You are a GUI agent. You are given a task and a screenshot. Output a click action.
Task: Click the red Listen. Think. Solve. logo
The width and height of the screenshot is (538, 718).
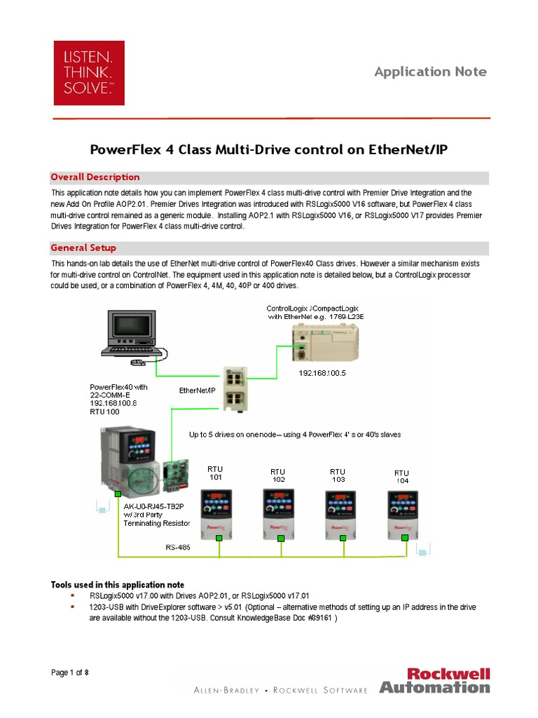(89, 73)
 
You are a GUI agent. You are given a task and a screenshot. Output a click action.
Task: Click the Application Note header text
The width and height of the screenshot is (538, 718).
(430, 72)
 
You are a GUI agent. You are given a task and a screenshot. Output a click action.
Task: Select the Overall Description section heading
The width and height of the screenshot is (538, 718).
(95, 177)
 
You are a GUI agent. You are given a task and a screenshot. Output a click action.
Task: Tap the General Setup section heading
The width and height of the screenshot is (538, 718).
(83, 248)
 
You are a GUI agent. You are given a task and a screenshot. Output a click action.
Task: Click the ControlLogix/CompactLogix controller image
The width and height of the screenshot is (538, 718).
(322, 344)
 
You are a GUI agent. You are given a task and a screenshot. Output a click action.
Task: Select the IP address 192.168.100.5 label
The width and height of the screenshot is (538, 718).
(322, 374)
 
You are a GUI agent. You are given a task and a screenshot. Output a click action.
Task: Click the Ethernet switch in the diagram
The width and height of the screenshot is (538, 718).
(233, 388)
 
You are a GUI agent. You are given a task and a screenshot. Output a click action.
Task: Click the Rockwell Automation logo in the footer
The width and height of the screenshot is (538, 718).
(434, 680)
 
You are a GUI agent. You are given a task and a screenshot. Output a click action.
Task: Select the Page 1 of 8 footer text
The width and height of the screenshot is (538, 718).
(70, 673)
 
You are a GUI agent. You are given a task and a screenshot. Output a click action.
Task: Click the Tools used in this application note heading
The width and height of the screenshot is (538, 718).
(118, 585)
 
